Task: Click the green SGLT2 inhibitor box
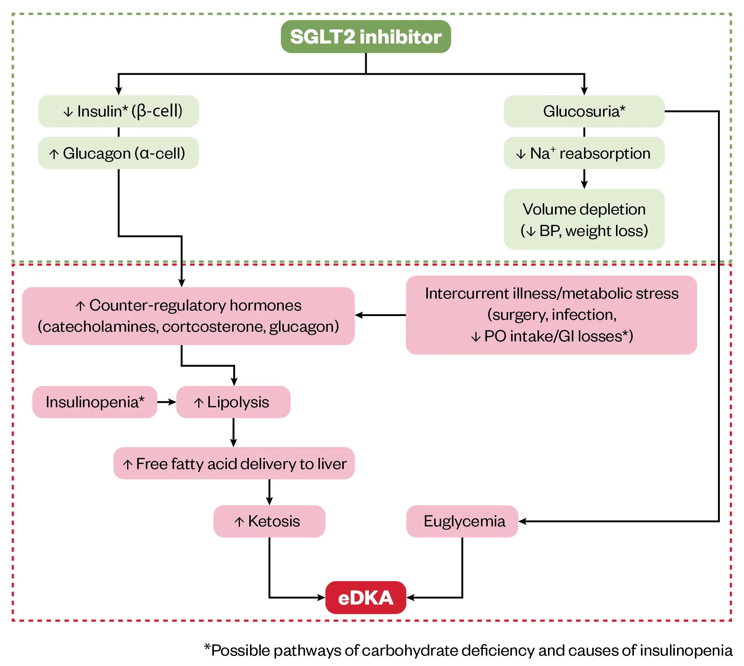click(x=366, y=36)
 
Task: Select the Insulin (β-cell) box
click(x=118, y=111)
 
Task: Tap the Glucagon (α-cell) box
click(x=118, y=153)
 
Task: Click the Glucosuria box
click(x=584, y=111)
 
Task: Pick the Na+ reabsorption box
click(x=584, y=153)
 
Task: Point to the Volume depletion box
click(x=584, y=219)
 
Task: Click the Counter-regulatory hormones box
click(x=188, y=316)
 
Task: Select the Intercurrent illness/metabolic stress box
click(x=551, y=315)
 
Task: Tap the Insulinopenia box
click(x=95, y=402)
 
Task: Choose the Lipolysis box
click(x=233, y=402)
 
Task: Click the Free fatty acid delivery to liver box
click(x=234, y=463)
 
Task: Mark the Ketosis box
click(x=269, y=521)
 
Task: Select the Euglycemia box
click(x=462, y=521)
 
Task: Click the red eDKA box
click(x=366, y=598)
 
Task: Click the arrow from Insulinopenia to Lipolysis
click(x=167, y=402)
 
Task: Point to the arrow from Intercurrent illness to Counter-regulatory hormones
click(x=380, y=315)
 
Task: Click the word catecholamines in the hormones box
click(x=99, y=326)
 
